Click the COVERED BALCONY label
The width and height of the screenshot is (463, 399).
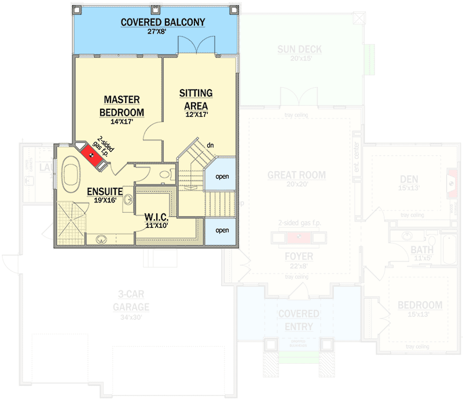[x=163, y=23]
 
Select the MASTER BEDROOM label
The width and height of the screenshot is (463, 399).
[x=122, y=106]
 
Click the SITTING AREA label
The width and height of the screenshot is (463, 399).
[x=196, y=99]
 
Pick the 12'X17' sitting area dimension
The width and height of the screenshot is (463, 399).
[x=196, y=114]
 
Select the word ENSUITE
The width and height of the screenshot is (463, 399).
[x=105, y=191]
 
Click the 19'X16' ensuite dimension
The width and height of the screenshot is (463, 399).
[x=105, y=200]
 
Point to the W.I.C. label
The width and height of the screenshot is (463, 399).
[x=156, y=217]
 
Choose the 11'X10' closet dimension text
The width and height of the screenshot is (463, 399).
[x=156, y=226]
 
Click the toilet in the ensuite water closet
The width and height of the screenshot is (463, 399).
[x=166, y=173]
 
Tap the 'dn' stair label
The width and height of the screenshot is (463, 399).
[x=211, y=145]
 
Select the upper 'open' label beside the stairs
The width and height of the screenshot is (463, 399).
[x=222, y=177]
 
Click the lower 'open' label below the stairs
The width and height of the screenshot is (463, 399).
[x=222, y=230]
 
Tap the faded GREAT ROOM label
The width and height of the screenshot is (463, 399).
[x=296, y=175]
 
